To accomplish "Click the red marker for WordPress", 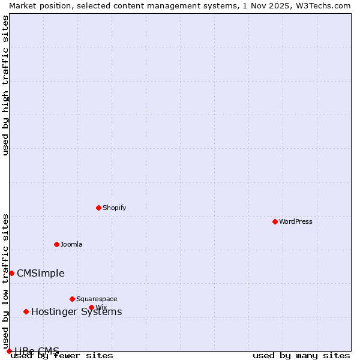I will click(x=275, y=221).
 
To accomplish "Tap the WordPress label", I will click(x=296, y=221).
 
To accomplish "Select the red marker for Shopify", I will click(x=98, y=208).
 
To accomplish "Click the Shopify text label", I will click(x=114, y=208).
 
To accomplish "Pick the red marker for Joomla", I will click(x=56, y=244).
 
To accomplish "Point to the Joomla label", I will click(x=71, y=244).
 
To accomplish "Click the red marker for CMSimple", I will click(x=11, y=273).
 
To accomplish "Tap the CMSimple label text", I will click(x=40, y=274).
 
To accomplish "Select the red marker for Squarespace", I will click(x=72, y=299).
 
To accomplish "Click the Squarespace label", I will click(x=97, y=299).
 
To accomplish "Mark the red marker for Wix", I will click(x=91, y=307).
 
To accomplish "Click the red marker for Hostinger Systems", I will click(x=26, y=311).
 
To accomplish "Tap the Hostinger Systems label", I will click(x=76, y=312).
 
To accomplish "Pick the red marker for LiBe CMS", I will click(x=9, y=351).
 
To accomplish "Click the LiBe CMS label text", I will click(x=37, y=351).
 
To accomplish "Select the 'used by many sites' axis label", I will click(x=301, y=356).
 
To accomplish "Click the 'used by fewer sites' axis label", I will click(x=62, y=356).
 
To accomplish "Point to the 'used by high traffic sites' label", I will click(x=5, y=85).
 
